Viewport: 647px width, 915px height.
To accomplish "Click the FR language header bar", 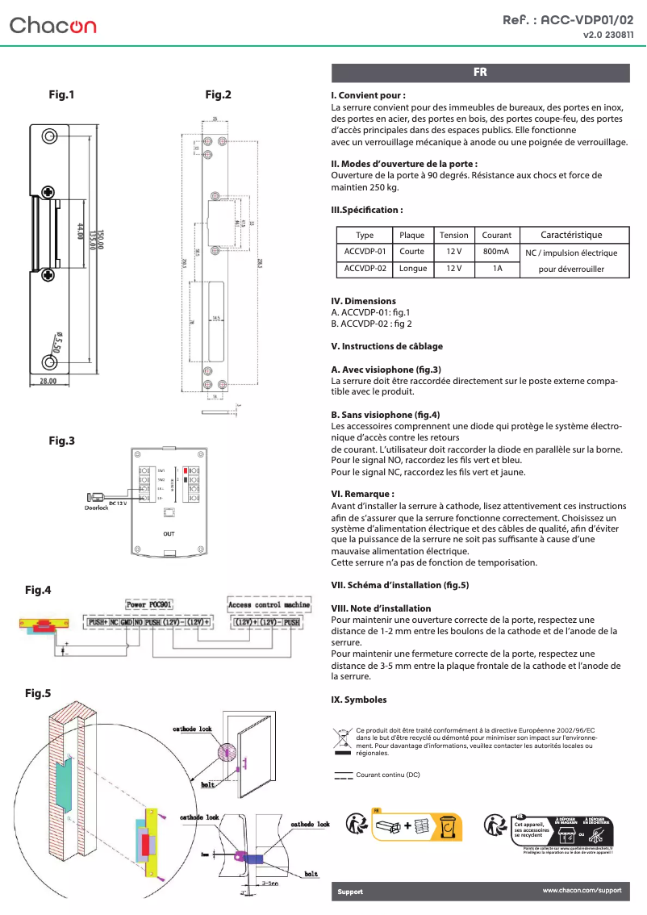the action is (480, 73).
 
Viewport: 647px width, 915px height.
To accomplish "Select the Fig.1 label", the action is (62, 94).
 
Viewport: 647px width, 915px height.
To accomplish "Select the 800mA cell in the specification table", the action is (496, 252).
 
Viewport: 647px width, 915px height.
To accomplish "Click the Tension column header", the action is (453, 235).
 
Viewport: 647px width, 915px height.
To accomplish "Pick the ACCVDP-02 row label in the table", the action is (365, 268).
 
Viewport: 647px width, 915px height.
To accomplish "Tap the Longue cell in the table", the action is (412, 268).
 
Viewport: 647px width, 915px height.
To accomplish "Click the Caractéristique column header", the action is (571, 235).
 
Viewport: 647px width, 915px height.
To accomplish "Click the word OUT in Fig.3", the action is (169, 534).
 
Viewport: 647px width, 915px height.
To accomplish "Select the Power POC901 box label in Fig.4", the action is (151, 604).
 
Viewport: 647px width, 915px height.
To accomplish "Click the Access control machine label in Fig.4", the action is (269, 604).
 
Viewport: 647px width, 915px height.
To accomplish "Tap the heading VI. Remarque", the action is (362, 493).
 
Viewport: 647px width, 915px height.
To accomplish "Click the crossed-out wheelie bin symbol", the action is (342, 737).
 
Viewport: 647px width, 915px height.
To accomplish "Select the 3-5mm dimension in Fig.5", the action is (269, 883).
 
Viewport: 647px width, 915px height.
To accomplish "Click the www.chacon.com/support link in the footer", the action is (582, 890).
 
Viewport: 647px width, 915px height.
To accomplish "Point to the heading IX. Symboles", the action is (359, 700).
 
